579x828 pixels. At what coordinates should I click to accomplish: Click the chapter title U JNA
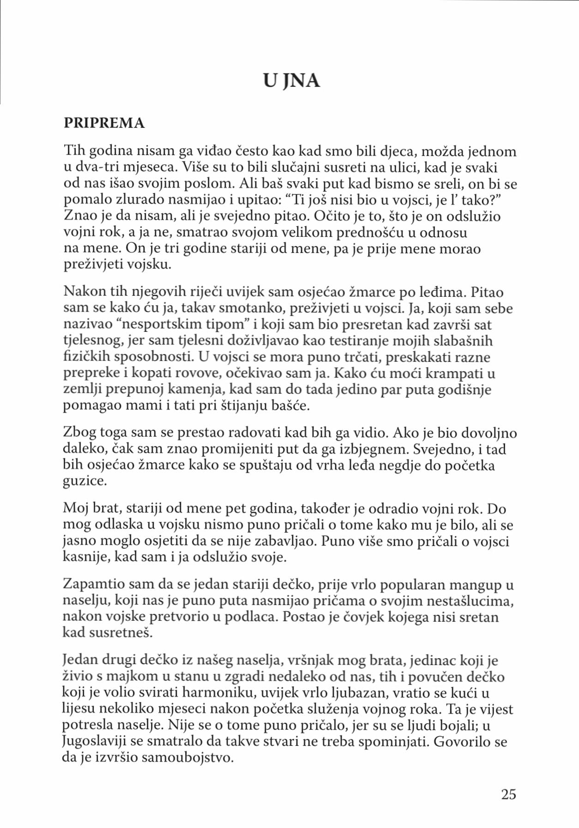click(x=291, y=81)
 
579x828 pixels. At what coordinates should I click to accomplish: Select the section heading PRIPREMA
click(x=104, y=123)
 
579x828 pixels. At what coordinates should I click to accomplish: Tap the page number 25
click(x=508, y=794)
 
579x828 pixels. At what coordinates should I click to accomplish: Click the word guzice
click(x=84, y=481)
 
